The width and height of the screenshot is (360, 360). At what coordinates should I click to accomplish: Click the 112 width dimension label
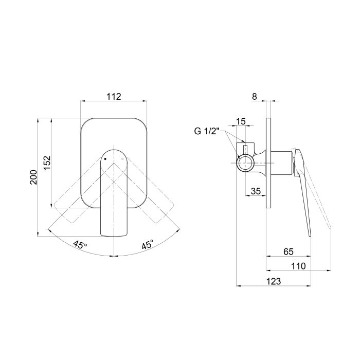tap(114, 97)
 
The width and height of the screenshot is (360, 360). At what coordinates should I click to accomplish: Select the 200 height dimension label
tap(33, 177)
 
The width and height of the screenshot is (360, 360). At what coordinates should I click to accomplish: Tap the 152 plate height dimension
tap(47, 163)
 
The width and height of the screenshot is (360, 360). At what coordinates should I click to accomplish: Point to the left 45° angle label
tap(80, 245)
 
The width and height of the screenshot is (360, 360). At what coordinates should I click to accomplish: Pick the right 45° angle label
tap(147, 245)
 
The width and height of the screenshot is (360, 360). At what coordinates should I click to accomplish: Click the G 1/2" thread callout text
tap(207, 131)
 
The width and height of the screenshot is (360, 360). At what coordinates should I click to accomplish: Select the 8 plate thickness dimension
tap(255, 97)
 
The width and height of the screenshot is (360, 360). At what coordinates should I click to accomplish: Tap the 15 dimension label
tap(241, 121)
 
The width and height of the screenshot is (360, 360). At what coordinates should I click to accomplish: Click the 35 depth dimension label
tap(256, 191)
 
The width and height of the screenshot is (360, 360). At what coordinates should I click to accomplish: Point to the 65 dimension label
tap(289, 251)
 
